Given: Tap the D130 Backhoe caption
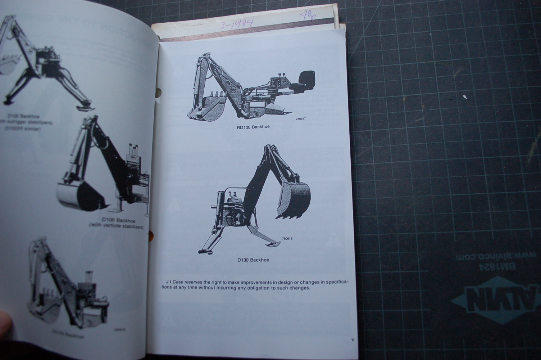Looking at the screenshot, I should [253, 260].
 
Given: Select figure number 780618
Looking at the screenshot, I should [287, 238].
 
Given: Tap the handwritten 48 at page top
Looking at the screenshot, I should [306, 16].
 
